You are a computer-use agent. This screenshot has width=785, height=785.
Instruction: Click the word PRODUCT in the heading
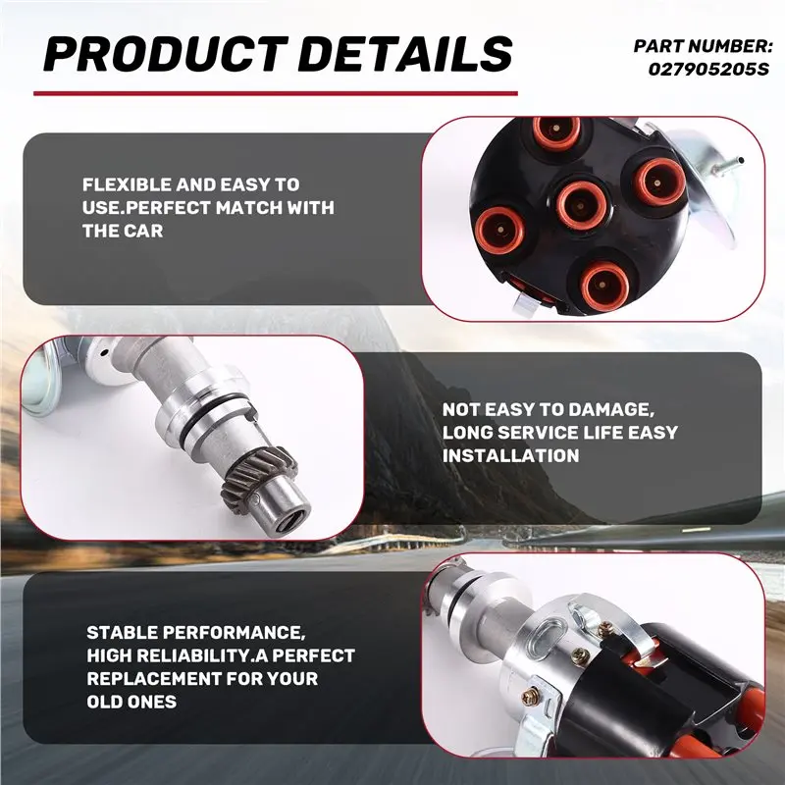point(166,54)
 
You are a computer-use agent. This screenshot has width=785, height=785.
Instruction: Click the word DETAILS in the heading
point(406,54)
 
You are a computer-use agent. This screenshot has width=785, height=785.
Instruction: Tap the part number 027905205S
point(708,69)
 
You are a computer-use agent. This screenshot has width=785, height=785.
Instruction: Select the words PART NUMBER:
point(704,46)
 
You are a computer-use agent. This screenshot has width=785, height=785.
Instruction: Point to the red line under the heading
point(276,93)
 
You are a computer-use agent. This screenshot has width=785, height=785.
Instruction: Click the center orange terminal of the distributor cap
point(581,204)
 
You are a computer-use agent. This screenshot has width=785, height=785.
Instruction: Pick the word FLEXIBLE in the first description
point(127,184)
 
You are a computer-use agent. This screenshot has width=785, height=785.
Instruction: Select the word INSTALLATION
point(510,456)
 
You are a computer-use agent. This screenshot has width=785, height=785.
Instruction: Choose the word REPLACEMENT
point(154,679)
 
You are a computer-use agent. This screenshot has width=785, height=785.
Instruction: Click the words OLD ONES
point(131,702)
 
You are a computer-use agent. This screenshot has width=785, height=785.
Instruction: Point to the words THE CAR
point(123,231)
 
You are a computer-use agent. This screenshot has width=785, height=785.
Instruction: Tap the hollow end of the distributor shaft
point(291,526)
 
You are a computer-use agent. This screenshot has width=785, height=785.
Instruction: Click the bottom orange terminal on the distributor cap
point(604,286)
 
